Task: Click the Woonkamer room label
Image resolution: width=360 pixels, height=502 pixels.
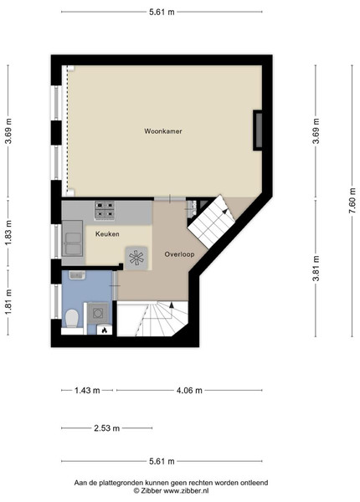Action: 163,131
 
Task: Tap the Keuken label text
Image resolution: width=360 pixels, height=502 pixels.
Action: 107,234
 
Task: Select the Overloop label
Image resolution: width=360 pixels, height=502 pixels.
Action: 179,254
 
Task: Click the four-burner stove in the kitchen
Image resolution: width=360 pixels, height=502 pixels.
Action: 105,210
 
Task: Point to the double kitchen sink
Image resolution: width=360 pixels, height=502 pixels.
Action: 73,238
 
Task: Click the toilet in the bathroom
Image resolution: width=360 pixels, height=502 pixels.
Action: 72,319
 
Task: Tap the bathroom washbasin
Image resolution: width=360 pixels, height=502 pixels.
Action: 77,274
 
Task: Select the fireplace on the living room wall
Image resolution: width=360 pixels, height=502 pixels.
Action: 258,131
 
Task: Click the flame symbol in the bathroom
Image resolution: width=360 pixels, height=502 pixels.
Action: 105,330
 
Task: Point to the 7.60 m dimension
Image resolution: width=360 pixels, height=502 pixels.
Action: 352,201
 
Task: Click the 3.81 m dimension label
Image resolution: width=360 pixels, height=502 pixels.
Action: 316,268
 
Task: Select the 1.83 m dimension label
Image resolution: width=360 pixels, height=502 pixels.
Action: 8,233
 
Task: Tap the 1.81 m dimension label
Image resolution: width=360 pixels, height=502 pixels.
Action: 8,301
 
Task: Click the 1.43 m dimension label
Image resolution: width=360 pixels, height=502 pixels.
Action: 87,391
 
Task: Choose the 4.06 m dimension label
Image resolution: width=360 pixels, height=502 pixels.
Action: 189,391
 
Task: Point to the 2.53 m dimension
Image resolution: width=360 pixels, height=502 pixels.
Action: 106,428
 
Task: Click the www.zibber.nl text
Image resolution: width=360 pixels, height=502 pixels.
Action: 186,490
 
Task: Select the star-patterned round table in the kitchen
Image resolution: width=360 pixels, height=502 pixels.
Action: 136,258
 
